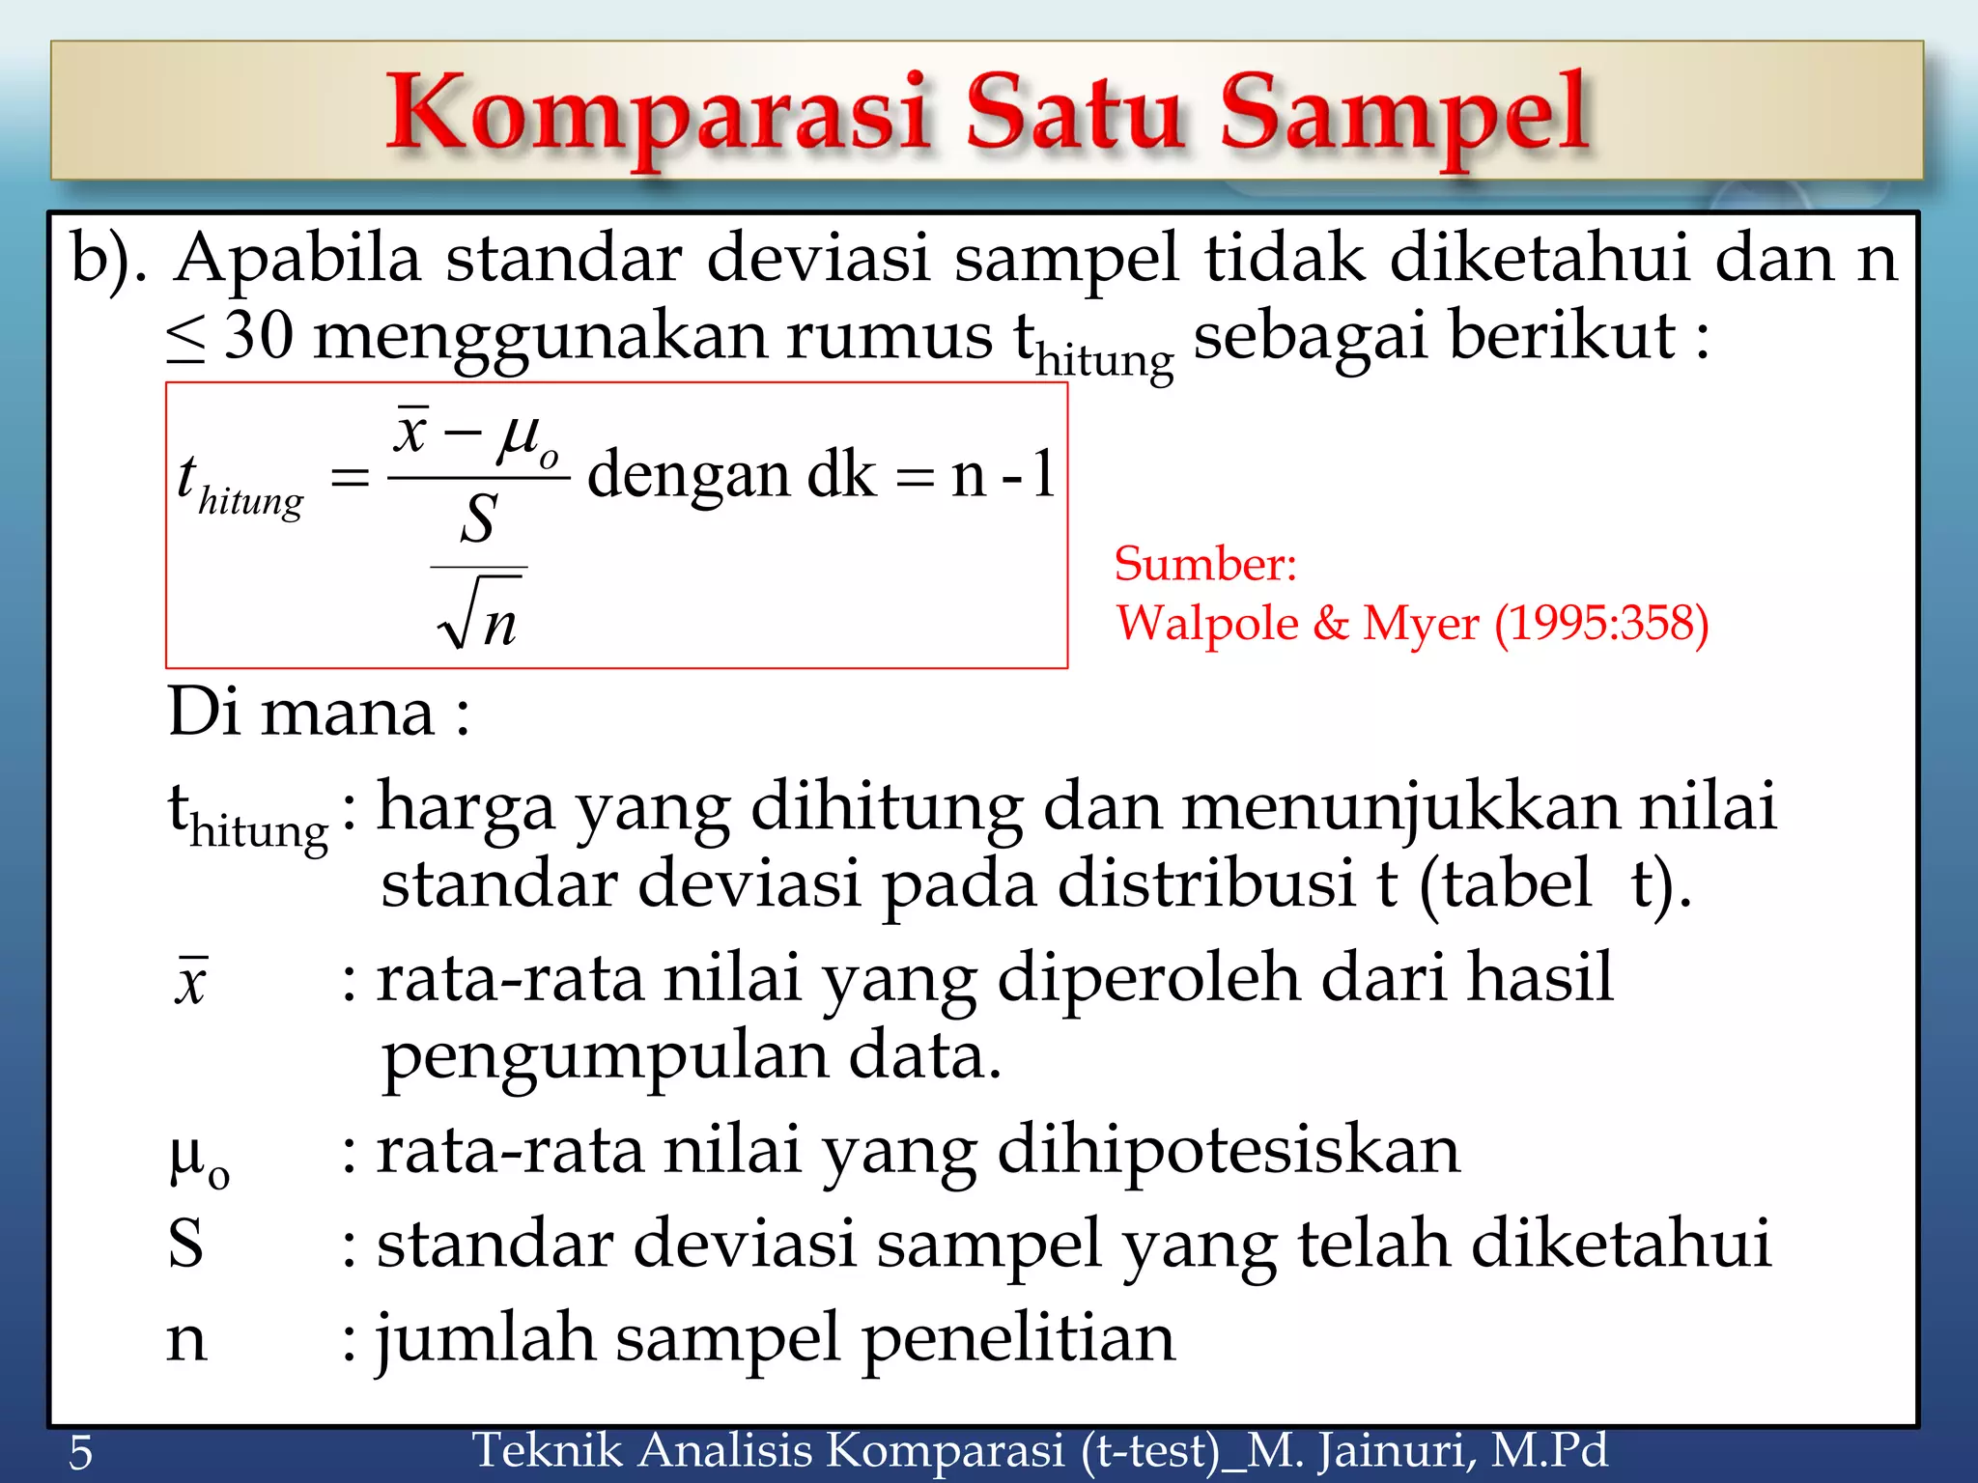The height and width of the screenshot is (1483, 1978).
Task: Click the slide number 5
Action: coord(81,1452)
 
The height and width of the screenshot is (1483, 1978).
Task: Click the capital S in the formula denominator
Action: coord(478,519)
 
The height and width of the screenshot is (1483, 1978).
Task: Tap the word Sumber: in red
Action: coord(1204,564)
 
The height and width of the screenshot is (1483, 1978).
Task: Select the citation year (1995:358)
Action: coord(1601,623)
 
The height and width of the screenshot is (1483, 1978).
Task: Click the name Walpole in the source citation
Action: coord(1207,623)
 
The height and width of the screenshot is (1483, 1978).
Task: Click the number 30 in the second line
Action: coord(258,336)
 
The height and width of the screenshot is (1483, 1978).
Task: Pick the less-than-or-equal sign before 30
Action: coord(185,339)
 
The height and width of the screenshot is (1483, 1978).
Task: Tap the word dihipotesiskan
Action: coord(1228,1151)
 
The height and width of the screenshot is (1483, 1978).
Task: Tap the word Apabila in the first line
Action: coord(298,259)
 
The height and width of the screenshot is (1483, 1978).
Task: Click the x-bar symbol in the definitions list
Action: coord(191,981)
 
